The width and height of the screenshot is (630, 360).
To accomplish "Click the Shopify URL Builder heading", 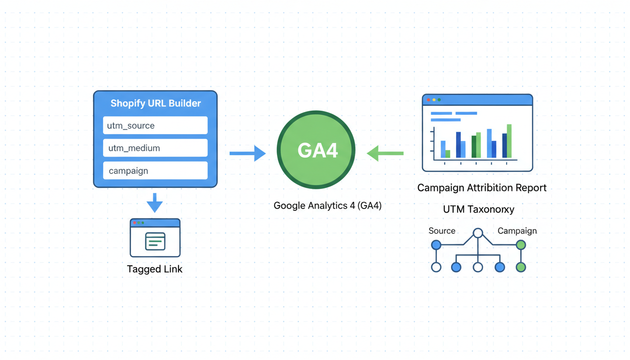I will tap(155, 103).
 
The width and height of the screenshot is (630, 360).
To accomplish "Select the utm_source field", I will tap(155, 126).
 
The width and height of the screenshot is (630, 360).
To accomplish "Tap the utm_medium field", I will tap(155, 148).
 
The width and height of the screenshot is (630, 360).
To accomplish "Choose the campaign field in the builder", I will tap(155, 171).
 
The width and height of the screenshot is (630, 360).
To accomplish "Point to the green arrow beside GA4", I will tap(385, 153).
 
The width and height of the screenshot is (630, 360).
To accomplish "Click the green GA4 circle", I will tap(316, 150).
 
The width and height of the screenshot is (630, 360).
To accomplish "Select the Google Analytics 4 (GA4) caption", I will tap(327, 205).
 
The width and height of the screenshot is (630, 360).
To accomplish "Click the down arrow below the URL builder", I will tap(155, 202).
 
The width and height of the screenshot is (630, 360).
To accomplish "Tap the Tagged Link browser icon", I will tap(155, 238).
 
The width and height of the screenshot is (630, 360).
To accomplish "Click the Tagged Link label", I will tap(155, 269).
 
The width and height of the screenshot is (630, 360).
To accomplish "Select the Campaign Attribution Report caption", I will tap(482, 188).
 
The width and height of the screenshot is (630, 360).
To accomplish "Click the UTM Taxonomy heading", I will tap(479, 210).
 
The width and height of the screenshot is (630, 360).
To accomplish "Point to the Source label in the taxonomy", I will tap(442, 231).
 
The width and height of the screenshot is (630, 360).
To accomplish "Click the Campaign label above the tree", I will tap(517, 231).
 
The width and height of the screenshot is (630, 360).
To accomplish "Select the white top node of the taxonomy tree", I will tap(478, 233).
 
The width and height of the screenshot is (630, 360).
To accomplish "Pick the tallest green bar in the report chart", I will tap(509, 141).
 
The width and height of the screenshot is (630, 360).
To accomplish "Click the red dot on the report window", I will tap(428, 100).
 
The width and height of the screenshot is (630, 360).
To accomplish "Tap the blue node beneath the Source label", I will tap(436, 245).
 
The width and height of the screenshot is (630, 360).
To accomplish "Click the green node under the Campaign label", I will tap(520, 245).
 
